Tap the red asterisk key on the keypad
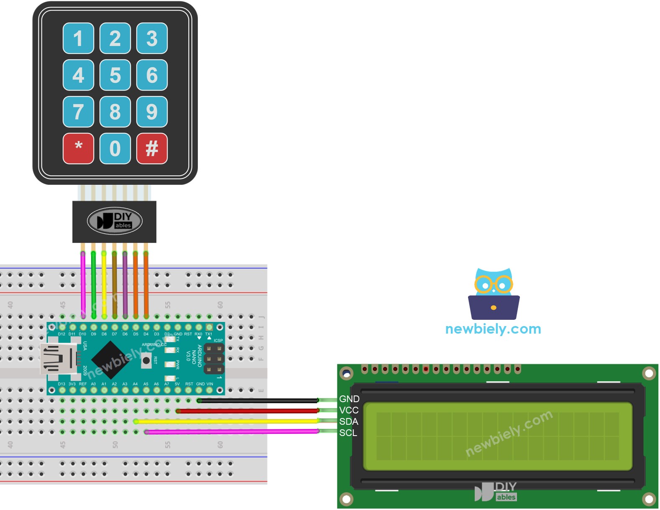tap(78, 148)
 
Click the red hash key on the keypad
tap(152, 148)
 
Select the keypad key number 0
tap(115, 148)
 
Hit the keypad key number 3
tap(152, 38)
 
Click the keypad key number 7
tap(78, 112)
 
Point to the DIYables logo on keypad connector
tap(115, 221)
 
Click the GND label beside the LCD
tap(349, 399)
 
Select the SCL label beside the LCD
tap(348, 433)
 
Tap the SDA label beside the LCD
tap(348, 421)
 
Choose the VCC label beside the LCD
tap(348, 410)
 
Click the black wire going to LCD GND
tap(259, 400)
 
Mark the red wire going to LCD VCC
tap(251, 411)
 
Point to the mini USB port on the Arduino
tap(59, 358)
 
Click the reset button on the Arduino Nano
tap(146, 360)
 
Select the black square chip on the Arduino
tap(110, 358)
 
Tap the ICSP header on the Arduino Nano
tap(214, 359)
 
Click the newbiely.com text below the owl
tap(493, 329)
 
